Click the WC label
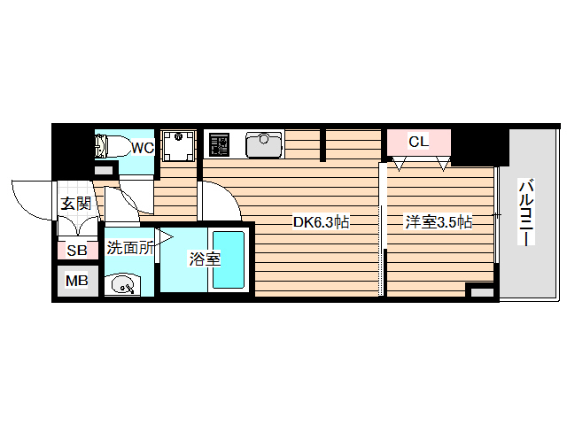click(x=143, y=148)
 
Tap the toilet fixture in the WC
click(x=112, y=146)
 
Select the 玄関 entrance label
click(x=76, y=203)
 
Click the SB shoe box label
click(x=77, y=251)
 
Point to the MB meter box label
click(x=77, y=282)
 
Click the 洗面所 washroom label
click(x=129, y=248)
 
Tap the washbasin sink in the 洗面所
click(x=121, y=284)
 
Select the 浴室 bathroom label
click(x=205, y=259)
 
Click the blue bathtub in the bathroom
click(x=229, y=259)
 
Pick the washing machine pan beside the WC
click(x=179, y=145)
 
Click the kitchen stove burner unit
click(x=218, y=144)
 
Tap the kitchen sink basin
click(x=263, y=143)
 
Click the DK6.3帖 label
click(x=322, y=222)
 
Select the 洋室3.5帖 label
click(x=439, y=222)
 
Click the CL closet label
click(x=419, y=142)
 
